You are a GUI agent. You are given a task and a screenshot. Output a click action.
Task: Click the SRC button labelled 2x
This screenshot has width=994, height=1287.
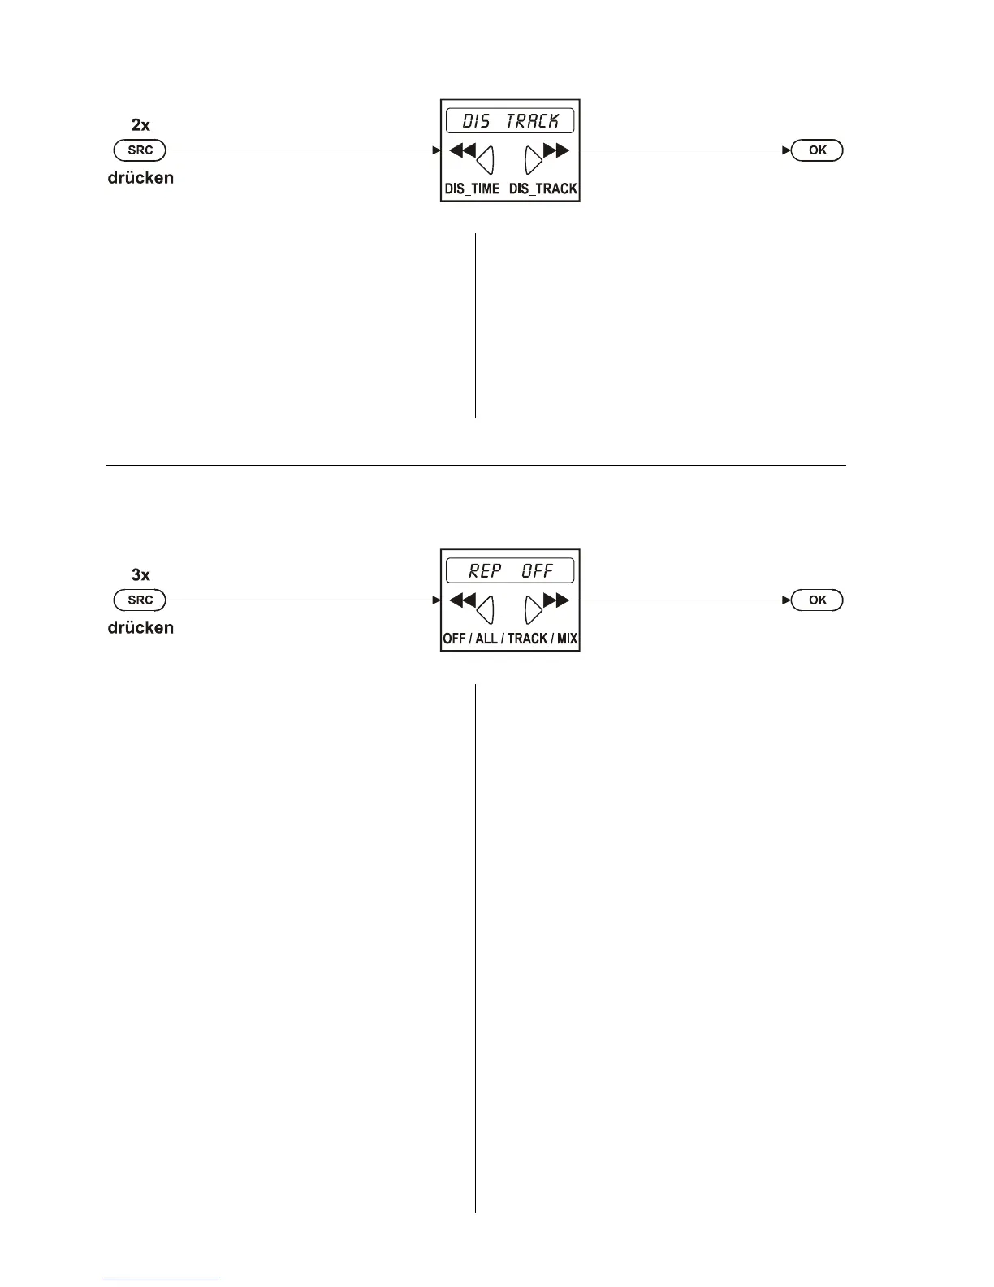tap(140, 150)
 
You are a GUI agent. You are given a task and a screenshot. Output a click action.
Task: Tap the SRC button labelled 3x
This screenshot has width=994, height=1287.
tap(140, 600)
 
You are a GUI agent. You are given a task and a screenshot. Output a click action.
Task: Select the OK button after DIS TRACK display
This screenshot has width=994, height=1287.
tap(817, 150)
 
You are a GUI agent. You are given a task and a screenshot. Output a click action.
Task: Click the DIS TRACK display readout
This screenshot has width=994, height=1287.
tap(510, 121)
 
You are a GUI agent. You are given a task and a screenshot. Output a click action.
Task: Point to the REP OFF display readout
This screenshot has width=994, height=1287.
tap(510, 571)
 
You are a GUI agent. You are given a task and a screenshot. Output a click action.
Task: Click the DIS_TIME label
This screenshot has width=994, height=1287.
tap(472, 188)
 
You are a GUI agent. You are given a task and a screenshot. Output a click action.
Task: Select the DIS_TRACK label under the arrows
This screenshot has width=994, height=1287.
tap(543, 188)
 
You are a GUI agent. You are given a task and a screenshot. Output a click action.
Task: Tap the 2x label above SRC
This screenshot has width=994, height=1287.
tap(140, 125)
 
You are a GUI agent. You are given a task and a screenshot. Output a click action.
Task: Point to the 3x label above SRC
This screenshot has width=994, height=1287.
tap(140, 575)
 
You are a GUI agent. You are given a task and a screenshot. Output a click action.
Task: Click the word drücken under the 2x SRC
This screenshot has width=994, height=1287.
tap(140, 178)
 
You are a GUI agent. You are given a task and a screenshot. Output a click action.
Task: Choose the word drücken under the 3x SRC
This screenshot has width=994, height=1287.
tap(140, 628)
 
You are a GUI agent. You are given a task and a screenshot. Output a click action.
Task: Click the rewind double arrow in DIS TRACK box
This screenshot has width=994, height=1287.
tap(462, 150)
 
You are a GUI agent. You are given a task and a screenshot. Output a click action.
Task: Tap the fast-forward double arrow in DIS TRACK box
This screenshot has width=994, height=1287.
tap(556, 150)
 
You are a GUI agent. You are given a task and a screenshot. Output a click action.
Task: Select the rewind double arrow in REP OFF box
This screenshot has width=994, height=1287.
tap(462, 600)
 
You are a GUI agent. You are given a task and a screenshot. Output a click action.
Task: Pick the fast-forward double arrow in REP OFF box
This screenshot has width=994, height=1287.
tap(556, 600)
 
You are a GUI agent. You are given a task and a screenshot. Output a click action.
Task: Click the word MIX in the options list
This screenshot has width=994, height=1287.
tap(567, 639)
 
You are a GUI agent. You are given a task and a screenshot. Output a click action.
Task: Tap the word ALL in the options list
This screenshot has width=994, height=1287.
tap(486, 639)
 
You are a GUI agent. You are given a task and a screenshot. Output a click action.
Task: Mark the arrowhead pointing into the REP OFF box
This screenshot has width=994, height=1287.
tap(435, 600)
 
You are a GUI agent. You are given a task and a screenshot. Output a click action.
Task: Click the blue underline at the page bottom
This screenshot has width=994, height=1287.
tap(161, 1280)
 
